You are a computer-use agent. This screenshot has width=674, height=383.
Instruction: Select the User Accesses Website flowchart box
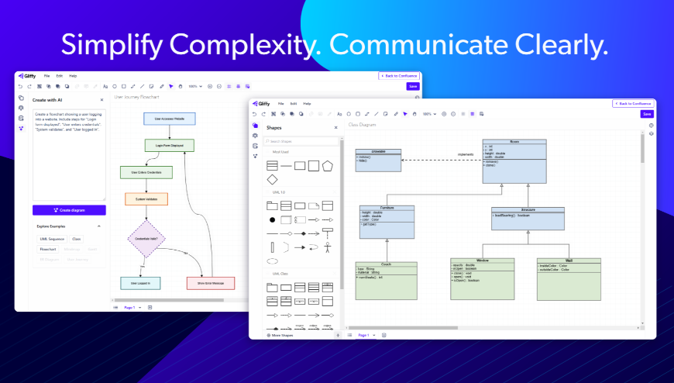169,119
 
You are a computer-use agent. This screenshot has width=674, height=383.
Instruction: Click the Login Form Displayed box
169,145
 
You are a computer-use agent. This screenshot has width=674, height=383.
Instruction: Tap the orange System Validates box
146,199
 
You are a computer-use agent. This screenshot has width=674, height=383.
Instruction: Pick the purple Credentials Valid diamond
146,238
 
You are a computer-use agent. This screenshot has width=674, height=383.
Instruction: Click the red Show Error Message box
210,283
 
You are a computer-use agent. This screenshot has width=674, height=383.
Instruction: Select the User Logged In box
140,283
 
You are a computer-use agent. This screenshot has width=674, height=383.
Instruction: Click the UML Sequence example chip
52,239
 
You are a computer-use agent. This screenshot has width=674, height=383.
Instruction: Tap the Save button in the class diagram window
647,114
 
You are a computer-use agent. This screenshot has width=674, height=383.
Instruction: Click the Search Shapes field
301,141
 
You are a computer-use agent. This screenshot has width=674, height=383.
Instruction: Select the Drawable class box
378,159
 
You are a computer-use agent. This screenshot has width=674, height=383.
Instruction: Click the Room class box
514,160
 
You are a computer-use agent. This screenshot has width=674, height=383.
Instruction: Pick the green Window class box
482,278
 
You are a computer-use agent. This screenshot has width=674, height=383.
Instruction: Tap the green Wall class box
569,278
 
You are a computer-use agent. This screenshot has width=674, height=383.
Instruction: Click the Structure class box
528,218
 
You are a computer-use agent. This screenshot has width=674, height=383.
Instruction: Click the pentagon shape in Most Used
328,165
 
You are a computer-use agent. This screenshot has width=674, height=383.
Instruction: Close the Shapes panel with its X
335,127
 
